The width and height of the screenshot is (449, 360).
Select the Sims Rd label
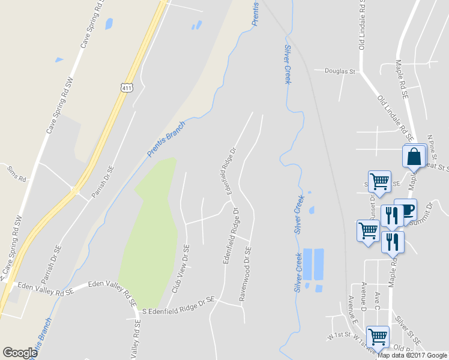point(16,179)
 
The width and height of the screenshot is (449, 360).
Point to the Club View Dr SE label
point(181,268)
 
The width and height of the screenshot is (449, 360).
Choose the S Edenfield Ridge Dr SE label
point(178,304)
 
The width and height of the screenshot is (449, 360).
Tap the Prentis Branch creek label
point(166,139)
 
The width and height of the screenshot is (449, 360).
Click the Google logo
point(20,353)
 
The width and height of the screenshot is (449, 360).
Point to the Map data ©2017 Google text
point(412,355)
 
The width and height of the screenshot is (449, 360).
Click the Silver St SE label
point(404,331)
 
